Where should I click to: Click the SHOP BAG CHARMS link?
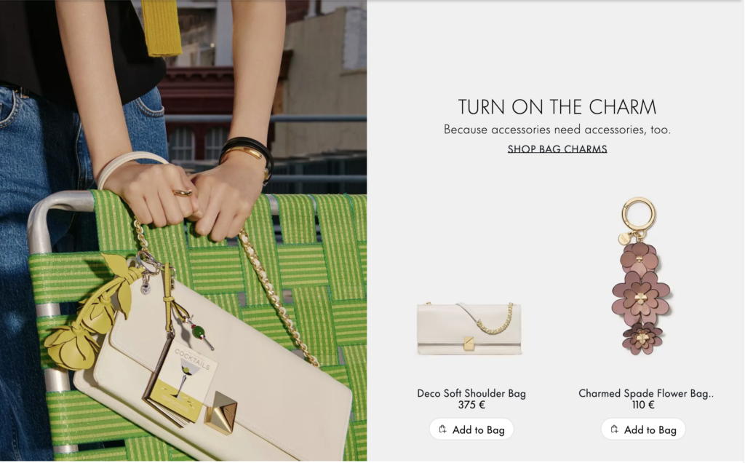coord(557,149)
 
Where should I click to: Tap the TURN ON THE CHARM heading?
coord(557,107)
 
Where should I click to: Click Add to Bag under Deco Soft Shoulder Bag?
coord(471,430)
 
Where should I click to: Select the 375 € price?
coord(471,405)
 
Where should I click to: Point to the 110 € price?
coord(643,405)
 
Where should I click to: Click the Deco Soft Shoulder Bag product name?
coord(471,393)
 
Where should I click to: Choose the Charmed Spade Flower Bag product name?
coord(646,393)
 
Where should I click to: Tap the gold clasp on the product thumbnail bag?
coord(469,343)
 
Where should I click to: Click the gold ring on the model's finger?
coord(183,192)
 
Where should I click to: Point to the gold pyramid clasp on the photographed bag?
coord(221,412)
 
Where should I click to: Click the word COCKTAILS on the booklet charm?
coord(192,359)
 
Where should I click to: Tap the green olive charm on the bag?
coord(199,331)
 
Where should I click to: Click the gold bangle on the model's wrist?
coord(243,151)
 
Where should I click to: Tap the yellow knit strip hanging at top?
coord(162,28)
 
